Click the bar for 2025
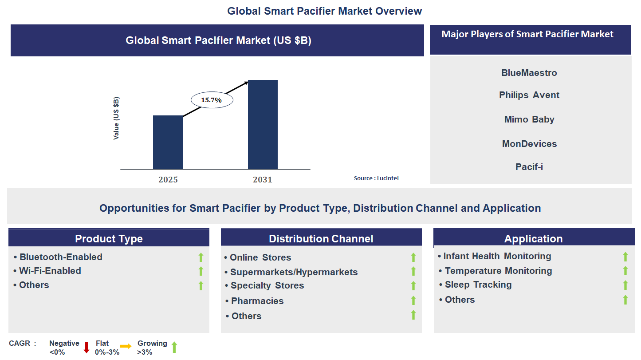(x=168, y=142)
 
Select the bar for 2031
(x=263, y=124)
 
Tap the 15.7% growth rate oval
(x=212, y=100)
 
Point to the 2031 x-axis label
(x=263, y=180)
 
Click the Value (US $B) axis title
(x=116, y=119)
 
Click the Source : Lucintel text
(x=376, y=178)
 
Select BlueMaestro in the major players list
(x=529, y=73)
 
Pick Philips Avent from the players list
(x=529, y=95)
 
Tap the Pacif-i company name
(x=529, y=167)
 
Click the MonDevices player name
(x=529, y=144)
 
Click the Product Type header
(x=109, y=239)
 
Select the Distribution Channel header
(x=321, y=239)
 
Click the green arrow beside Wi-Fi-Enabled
(x=201, y=271)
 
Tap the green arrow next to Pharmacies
(x=413, y=301)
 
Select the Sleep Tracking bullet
(x=478, y=285)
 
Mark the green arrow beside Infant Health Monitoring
(x=625, y=257)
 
